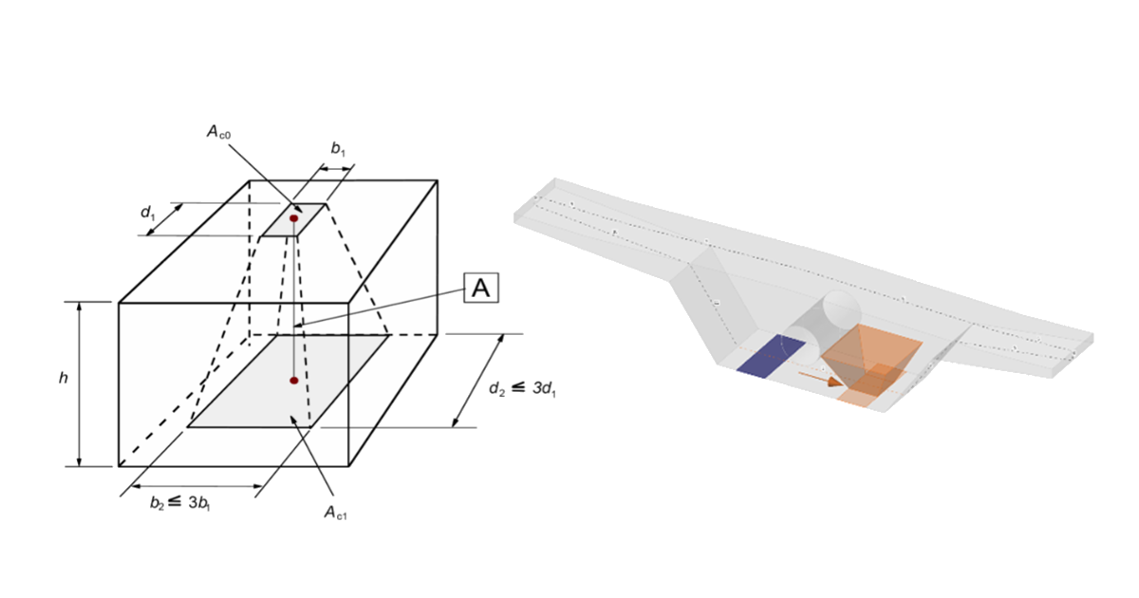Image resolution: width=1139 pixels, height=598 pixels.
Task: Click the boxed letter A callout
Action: click(481, 288)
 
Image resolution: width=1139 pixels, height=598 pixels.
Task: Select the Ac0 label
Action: click(218, 132)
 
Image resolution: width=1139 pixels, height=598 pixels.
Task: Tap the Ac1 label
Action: click(336, 512)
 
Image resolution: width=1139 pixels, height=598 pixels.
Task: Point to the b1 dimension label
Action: click(338, 148)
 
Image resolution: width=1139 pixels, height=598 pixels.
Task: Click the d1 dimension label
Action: click(148, 212)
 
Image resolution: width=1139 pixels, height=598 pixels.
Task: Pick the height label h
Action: click(63, 378)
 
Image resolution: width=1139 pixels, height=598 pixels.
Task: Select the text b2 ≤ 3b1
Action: click(180, 502)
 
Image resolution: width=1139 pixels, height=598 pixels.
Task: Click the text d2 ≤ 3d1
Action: click(522, 388)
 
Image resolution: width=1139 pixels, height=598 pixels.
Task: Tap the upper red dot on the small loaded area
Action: click(294, 218)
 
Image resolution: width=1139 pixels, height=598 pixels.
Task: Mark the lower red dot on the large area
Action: click(294, 381)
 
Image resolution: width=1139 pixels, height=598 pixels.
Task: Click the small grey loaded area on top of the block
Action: click(294, 219)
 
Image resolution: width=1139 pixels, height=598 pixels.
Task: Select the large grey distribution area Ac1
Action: click(289, 381)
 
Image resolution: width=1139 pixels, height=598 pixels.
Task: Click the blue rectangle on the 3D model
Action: click(771, 355)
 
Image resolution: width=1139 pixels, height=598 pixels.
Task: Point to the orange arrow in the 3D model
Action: click(821, 379)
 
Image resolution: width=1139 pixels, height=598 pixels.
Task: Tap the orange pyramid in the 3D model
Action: click(871, 358)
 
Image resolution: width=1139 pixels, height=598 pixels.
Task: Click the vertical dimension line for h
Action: click(79, 383)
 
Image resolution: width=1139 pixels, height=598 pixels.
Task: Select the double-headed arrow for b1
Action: click(336, 169)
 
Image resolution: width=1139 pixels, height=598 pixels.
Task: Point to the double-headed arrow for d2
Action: click(476, 381)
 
